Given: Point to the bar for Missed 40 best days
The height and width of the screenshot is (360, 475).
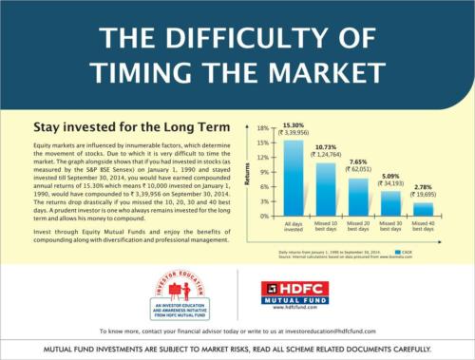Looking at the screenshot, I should tap(423, 209).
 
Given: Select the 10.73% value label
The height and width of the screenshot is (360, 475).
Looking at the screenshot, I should tap(326, 148).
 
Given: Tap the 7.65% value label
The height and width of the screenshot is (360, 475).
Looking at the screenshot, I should tap(358, 162).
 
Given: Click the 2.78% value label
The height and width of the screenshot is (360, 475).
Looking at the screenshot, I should tap(423, 187).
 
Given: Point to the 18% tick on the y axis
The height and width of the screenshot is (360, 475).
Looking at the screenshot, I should tap(265, 127).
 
